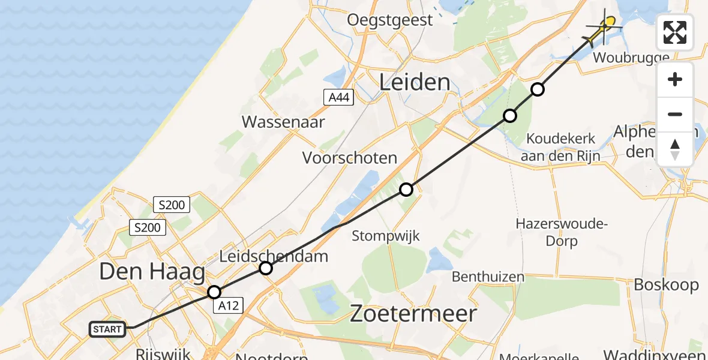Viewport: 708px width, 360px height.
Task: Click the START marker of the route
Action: (x=108, y=329)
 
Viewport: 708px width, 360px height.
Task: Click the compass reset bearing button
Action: (x=675, y=149)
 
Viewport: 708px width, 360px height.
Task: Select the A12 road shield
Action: (x=229, y=306)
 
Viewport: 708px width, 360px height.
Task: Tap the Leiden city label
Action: (x=415, y=82)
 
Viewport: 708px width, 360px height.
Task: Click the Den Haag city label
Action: (x=152, y=272)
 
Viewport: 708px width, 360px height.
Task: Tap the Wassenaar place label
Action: (x=283, y=122)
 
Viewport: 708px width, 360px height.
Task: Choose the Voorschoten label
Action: (x=350, y=158)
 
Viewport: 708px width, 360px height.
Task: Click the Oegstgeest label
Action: (x=390, y=20)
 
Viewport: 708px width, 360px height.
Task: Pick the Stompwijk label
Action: (x=385, y=235)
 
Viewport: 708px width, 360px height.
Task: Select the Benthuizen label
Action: (x=488, y=277)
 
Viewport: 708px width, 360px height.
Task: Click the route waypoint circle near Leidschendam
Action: (x=266, y=268)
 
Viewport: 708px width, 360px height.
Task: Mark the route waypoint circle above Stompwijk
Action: (x=406, y=190)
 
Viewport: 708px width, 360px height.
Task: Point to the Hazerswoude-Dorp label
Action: (x=546, y=232)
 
